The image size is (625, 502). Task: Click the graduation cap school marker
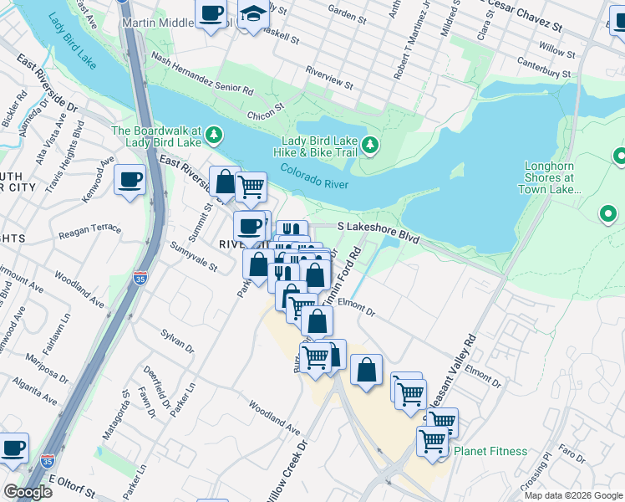(253, 14)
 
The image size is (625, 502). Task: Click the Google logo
(28, 492)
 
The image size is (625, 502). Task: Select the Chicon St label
(266, 110)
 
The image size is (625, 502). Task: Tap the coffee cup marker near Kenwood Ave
(130, 181)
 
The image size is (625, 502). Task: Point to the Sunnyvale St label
(193, 258)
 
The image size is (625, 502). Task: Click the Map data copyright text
(573, 494)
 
